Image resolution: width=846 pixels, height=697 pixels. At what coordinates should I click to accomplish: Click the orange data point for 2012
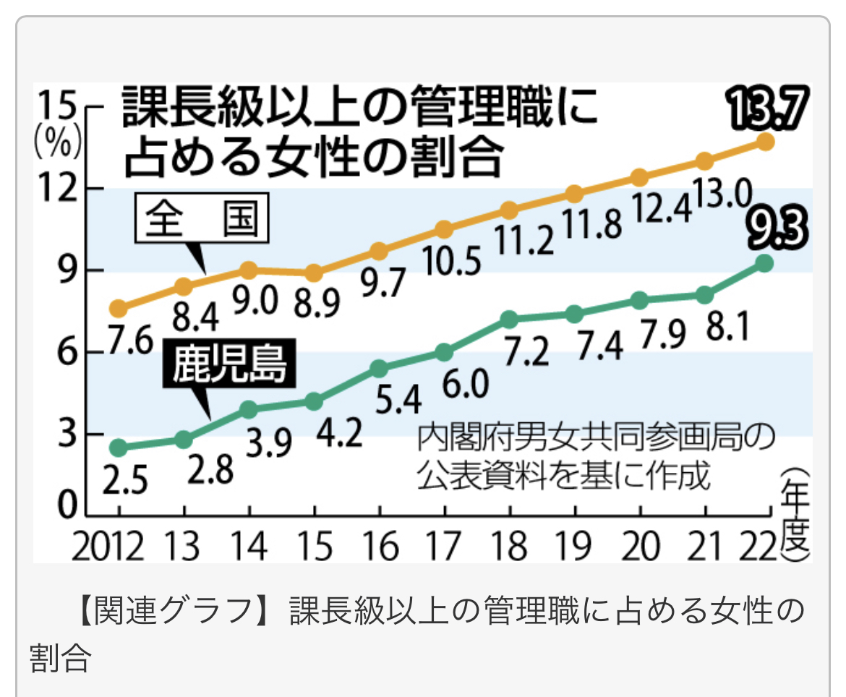(119, 309)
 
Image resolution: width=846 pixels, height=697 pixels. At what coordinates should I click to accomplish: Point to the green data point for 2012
(119, 448)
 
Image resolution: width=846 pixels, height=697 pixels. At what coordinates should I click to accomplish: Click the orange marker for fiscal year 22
(765, 142)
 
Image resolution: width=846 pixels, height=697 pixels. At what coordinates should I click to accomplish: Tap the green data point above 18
(510, 319)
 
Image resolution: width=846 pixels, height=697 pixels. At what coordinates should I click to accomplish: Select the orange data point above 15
(314, 273)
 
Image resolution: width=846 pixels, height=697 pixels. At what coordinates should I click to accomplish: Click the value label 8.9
(315, 304)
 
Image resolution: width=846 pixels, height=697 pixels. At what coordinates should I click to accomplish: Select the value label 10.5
(453, 262)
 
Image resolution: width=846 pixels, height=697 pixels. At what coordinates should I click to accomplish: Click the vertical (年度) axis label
(792, 515)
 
